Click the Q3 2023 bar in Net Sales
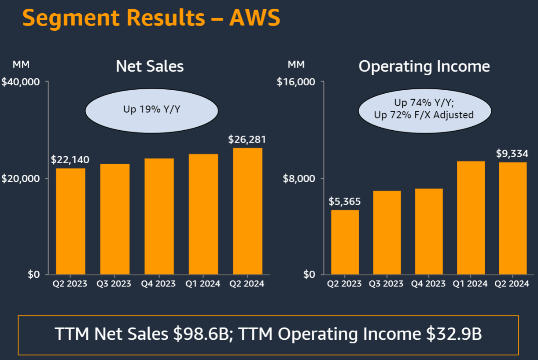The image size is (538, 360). (115, 219)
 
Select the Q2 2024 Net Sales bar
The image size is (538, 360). (247, 211)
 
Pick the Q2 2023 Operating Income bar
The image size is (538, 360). (345, 242)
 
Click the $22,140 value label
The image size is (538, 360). (70, 159)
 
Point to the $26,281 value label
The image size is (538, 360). (247, 140)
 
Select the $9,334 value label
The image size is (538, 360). (512, 154)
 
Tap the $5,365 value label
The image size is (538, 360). (345, 202)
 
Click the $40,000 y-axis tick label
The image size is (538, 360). (21, 82)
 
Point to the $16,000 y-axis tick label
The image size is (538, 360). (296, 82)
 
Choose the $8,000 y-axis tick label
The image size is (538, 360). (299, 178)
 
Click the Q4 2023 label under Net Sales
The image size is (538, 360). (158, 284)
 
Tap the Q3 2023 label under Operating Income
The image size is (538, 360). (387, 284)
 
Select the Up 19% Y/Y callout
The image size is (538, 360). (151, 109)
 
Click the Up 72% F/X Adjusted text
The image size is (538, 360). (424, 115)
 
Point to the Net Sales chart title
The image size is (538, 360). (150, 66)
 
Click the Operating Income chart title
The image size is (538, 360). (424, 66)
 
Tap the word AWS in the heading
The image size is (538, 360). (254, 18)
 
